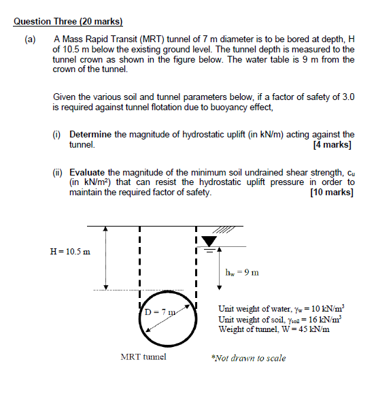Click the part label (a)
pyautogui.click(x=31, y=39)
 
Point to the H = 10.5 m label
pyautogui.click(x=70, y=251)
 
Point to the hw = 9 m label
pyautogui.click(x=241, y=273)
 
